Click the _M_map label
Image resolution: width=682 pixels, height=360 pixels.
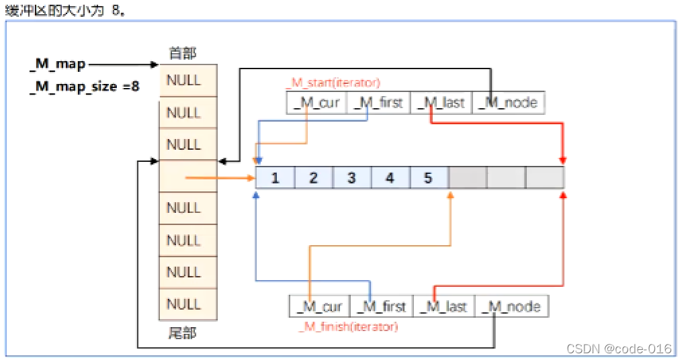pos(58,64)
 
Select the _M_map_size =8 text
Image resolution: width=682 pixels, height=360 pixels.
pos(85,87)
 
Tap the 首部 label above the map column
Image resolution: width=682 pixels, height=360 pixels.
pos(183,53)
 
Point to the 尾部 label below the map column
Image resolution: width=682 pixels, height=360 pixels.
pos(183,333)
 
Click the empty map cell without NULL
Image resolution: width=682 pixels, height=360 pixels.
pos(187,177)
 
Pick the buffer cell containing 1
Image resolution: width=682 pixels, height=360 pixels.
pos(275,178)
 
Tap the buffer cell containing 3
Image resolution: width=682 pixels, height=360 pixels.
pos(351,178)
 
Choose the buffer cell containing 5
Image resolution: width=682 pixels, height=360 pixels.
pos(428,178)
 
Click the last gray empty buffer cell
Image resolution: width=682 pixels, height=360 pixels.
pos(545,178)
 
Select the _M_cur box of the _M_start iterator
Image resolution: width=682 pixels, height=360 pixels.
pos(317,103)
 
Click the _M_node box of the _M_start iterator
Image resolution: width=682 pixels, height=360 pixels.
pos(508,103)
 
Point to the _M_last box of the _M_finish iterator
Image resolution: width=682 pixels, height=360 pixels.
pos(444,306)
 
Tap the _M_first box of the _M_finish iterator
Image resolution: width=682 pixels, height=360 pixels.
pos(382,306)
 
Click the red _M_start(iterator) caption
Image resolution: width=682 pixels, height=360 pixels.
pos(334,83)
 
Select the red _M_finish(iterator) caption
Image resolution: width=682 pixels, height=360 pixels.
pos(348,327)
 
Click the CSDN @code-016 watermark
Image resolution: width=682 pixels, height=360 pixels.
pos(619,349)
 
